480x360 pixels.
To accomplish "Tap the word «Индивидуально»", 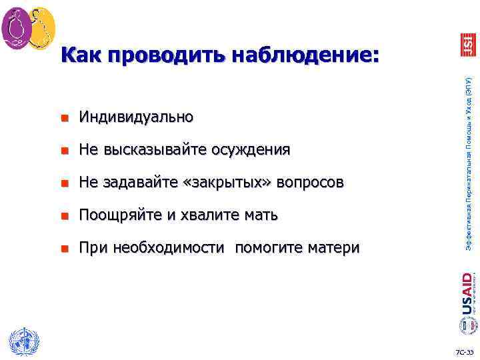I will pyautogui.click(x=136, y=118).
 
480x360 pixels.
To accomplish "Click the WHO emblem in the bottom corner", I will pyautogui.click(x=20, y=342).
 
